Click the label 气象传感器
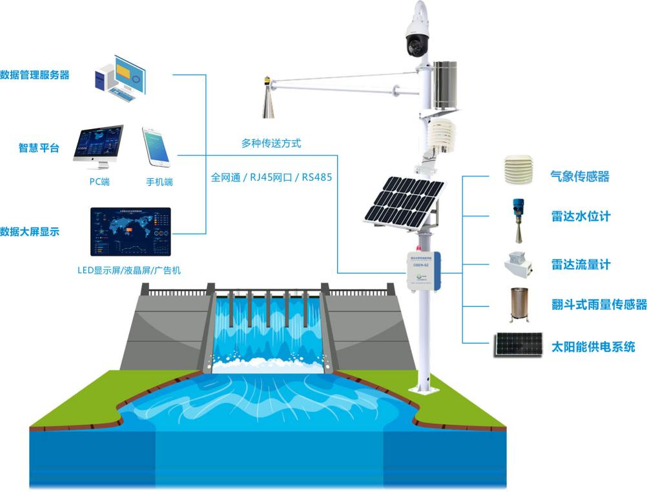click(x=580, y=176)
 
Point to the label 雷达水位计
click(x=580, y=216)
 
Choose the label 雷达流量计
click(x=580, y=264)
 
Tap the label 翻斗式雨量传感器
click(x=599, y=305)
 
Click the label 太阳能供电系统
click(x=592, y=346)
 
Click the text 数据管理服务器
click(x=34, y=75)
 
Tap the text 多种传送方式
click(x=271, y=143)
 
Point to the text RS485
click(x=316, y=176)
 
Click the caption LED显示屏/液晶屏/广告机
click(x=128, y=270)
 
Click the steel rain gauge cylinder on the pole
click(x=444, y=85)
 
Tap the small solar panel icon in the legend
click(x=518, y=345)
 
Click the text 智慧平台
click(x=39, y=148)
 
